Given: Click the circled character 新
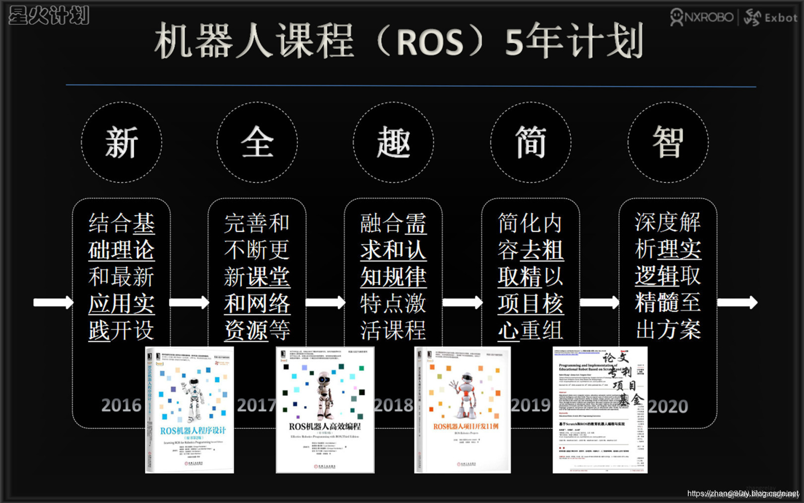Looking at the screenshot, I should click(122, 143).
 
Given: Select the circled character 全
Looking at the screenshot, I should click(257, 143).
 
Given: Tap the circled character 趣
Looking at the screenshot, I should click(394, 143).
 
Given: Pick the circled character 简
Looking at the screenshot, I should click(531, 143).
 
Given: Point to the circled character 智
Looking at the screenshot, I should click(668, 143).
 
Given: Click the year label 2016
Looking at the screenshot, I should click(121, 406).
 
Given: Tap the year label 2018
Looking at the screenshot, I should click(394, 406).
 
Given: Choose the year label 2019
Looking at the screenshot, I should click(531, 406).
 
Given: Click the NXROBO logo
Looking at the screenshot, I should click(702, 17).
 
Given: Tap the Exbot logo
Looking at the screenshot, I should click(771, 18).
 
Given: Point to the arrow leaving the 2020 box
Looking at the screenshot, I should click(737, 302).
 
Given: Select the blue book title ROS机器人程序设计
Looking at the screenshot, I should click(193, 431).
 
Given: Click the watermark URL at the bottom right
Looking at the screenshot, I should click(742, 494).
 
